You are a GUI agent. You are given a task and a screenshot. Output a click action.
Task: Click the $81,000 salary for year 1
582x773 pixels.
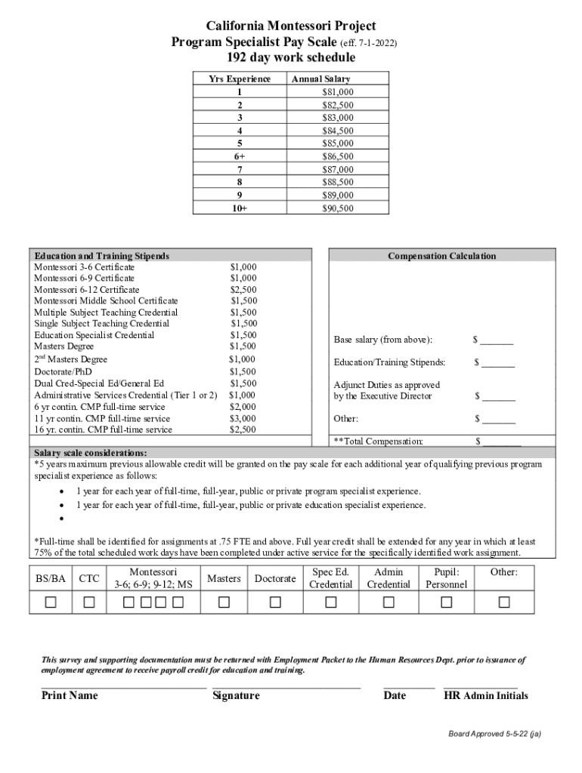[x=337, y=92]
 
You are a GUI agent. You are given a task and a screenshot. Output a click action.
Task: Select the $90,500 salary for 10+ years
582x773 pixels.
[x=337, y=208]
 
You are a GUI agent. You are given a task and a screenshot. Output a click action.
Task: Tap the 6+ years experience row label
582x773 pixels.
[x=240, y=156]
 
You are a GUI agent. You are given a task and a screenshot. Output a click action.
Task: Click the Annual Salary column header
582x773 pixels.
[x=320, y=79]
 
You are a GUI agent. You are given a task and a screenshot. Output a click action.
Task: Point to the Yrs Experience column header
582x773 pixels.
[x=240, y=79]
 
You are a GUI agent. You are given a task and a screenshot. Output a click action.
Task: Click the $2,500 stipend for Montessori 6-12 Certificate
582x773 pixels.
[x=243, y=289]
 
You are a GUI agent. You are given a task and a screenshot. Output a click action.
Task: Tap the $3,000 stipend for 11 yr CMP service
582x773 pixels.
[x=243, y=418]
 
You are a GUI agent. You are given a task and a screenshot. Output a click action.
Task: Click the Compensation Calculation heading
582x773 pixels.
[x=441, y=256]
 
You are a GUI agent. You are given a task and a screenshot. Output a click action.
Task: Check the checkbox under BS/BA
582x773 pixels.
[x=51, y=602]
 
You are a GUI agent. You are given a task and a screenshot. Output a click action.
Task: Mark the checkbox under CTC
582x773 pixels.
[x=89, y=602]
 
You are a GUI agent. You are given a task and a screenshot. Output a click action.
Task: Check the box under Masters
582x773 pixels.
[x=224, y=602]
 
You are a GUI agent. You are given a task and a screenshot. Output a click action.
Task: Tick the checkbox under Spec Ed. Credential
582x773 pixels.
[x=331, y=602]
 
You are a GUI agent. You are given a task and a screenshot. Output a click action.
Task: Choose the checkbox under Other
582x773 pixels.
[x=503, y=602]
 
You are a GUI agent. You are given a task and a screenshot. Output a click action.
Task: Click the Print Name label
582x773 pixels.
[x=69, y=695]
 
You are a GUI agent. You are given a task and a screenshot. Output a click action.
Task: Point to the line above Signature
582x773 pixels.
[x=286, y=688]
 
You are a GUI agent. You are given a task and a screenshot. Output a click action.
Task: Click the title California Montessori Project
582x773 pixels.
[x=291, y=26]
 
